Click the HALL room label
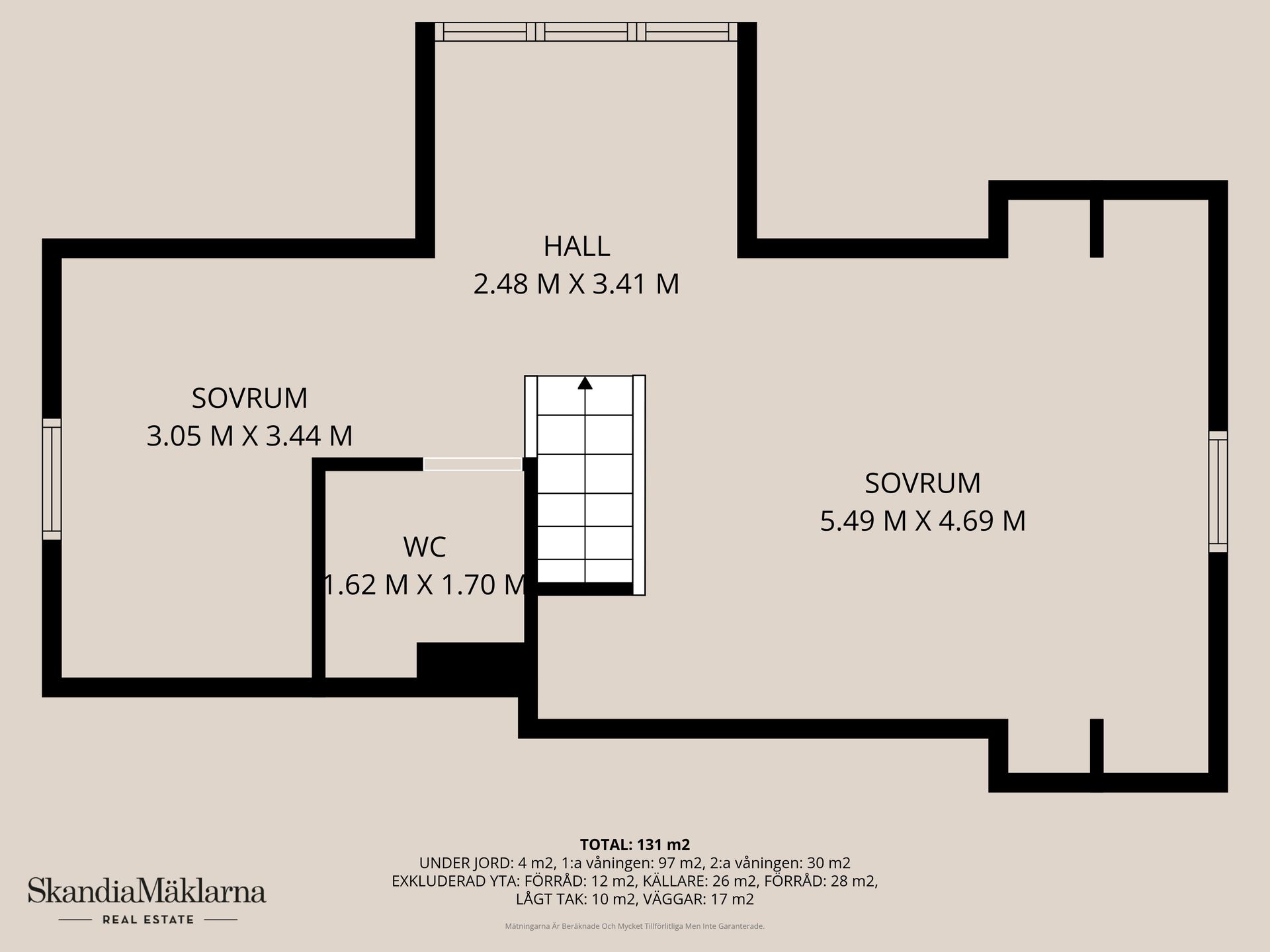tap(576, 247)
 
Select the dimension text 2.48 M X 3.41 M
tap(576, 284)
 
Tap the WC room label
tap(425, 547)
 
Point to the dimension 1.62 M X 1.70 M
tap(425, 585)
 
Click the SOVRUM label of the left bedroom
tap(249, 399)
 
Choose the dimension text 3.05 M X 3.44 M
tap(249, 436)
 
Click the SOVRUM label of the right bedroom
tap(923, 483)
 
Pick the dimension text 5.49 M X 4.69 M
tap(923, 521)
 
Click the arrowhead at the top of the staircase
tap(585, 383)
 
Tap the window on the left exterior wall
tap(52, 479)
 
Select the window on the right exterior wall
tap(1218, 491)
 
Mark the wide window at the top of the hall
tap(585, 32)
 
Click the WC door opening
tap(472, 464)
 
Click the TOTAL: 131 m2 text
tap(634, 845)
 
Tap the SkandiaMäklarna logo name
tap(147, 891)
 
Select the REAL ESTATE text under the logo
tap(148, 920)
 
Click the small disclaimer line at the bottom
tap(634, 927)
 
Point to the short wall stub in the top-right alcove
tap(1096, 227)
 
